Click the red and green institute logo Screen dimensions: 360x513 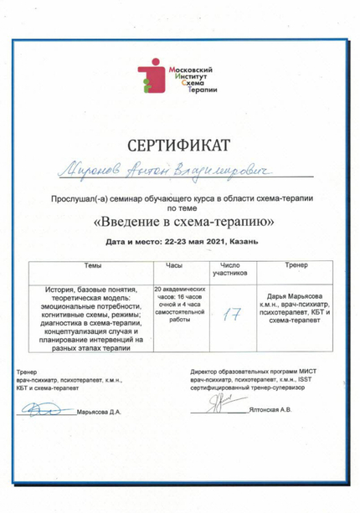tap(152, 76)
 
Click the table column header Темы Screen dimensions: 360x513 tap(94, 264)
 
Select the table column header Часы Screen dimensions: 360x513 tap(175, 264)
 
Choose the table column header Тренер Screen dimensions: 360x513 tap(287, 264)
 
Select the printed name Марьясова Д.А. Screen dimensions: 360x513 tap(100, 412)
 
